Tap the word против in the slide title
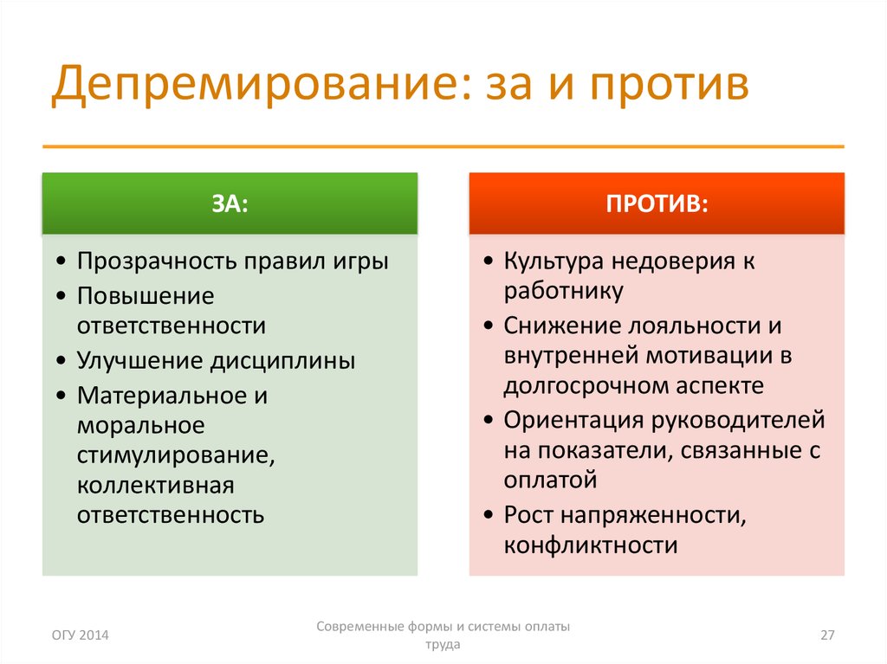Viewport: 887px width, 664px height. [x=670, y=86]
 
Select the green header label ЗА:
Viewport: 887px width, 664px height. [x=230, y=203]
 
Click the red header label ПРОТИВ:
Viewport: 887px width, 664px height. [x=657, y=203]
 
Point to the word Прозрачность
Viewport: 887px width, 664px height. [x=157, y=261]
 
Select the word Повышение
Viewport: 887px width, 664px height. [x=146, y=296]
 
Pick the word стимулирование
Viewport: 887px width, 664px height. [x=176, y=456]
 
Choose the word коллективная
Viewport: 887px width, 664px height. [x=156, y=486]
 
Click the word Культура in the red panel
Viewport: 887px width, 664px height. [x=554, y=261]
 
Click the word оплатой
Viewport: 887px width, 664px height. [x=550, y=480]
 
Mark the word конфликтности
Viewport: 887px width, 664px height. [x=591, y=545]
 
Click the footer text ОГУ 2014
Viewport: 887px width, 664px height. [x=81, y=635]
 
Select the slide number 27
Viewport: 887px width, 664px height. [x=827, y=635]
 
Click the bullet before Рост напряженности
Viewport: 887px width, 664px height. [x=489, y=515]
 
